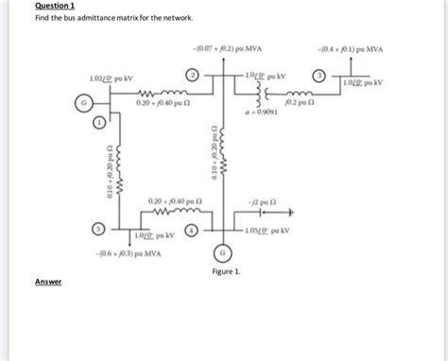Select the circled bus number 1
tap(98, 123)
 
